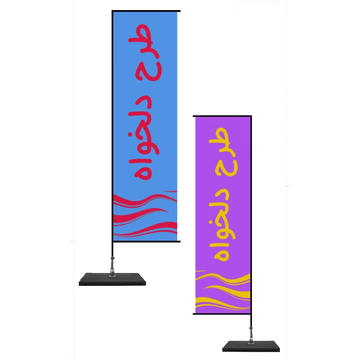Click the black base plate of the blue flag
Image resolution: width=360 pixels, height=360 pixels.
[x=112, y=279]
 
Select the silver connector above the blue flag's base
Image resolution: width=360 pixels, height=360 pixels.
[x=112, y=264]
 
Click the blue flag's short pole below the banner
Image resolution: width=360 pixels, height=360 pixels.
[x=112, y=249]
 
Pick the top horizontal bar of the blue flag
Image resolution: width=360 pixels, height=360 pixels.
[x=145, y=11]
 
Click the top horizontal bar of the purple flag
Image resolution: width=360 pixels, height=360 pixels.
[x=222, y=116]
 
